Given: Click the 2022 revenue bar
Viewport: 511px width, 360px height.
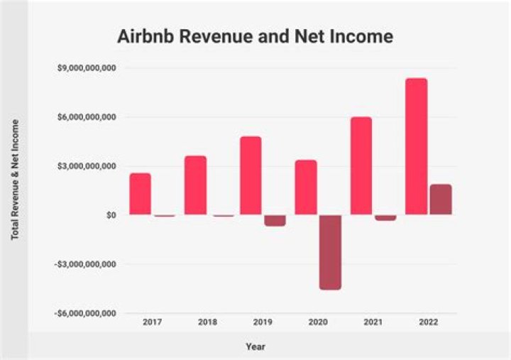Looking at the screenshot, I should (416, 146).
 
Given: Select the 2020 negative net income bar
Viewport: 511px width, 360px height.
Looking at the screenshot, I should (330, 252).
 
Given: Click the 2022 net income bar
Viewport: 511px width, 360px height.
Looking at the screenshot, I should (440, 200).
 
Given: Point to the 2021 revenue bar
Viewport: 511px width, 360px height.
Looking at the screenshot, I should (361, 165).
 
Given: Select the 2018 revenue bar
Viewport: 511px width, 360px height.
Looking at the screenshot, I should (195, 185).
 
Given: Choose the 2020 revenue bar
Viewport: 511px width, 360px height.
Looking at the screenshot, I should (306, 187).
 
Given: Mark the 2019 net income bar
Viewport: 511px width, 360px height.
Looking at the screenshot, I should (275, 220).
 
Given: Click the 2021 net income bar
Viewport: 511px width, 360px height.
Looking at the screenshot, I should (385, 218).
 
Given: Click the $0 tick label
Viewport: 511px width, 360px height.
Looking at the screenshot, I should (111, 215).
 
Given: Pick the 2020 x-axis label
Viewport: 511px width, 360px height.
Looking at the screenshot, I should (318, 322).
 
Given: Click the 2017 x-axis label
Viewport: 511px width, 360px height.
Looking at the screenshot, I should (152, 322).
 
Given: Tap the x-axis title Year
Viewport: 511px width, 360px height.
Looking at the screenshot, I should (255, 347).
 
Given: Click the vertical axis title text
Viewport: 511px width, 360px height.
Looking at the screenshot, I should (15, 179).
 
